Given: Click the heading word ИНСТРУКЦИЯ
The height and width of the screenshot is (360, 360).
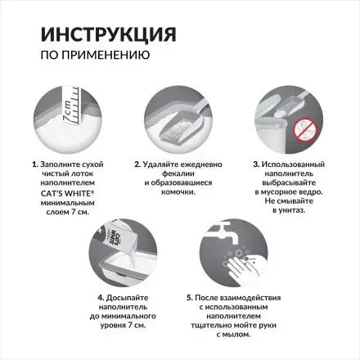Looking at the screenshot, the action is pos(109,34).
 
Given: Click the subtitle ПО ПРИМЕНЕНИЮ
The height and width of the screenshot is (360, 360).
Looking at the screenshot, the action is pos(95,55).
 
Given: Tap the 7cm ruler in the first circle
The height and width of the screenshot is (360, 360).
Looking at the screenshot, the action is pos(71,106).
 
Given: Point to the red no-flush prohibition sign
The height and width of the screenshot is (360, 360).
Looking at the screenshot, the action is pos(305,129).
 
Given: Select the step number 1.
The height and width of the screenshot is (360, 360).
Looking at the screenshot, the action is pos(34,164).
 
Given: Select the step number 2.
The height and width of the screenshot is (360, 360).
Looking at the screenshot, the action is pos(137,164).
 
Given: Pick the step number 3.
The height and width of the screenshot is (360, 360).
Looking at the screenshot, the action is pos(256,164).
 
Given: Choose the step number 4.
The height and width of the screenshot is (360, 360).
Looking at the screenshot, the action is pos(101,298).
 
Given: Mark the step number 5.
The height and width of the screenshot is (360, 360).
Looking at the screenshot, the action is pos(190,298).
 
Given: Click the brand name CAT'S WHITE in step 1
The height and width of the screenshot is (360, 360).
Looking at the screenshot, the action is pos(67,193).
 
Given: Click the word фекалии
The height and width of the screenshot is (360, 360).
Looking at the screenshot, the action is pos(178,173).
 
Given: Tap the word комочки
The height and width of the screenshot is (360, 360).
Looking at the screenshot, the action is pos(178,192).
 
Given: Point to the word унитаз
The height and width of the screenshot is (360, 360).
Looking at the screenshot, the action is pos(292,210).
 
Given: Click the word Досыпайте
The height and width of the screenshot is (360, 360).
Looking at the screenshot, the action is pos(127,298).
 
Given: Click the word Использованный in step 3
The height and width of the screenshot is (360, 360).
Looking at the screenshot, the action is pos(293,164).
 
